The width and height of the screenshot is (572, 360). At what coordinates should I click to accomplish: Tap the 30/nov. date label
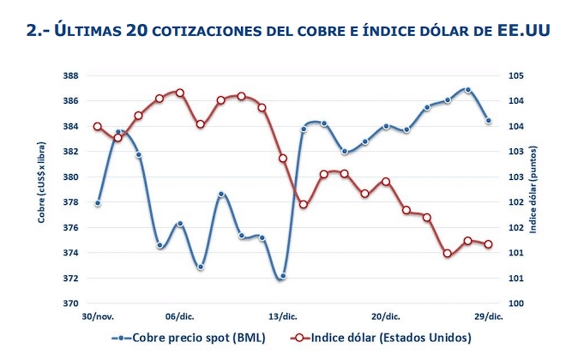(98, 316)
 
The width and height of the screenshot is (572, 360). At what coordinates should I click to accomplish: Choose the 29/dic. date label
(488, 316)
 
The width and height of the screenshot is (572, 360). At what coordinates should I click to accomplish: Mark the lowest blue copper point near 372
(282, 276)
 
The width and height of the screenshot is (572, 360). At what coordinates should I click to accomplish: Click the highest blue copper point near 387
(467, 89)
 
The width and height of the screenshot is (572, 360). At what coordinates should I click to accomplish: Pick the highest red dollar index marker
(179, 92)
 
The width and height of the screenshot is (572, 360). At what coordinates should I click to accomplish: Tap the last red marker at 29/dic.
(488, 244)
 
